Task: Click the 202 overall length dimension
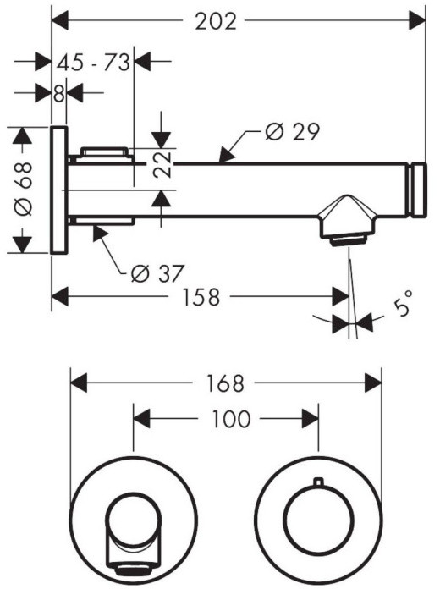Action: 216,21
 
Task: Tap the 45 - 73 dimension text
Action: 94,62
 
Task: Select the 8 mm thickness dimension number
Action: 59,94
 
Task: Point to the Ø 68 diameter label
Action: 24,189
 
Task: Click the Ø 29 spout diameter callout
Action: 292,132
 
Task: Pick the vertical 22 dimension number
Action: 162,164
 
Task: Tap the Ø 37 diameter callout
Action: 158,273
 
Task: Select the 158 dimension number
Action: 201,297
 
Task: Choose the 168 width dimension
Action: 225,383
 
